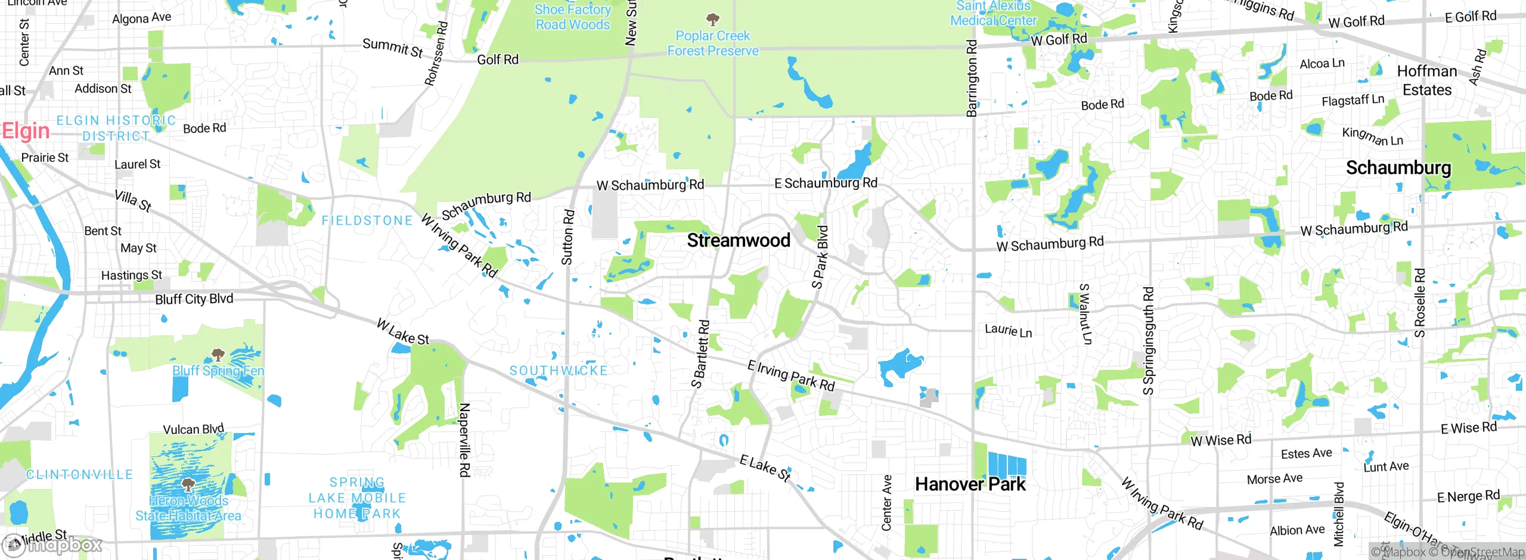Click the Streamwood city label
(x=739, y=241)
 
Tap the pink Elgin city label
(x=26, y=131)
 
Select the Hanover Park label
(x=970, y=484)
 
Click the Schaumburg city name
(x=1398, y=168)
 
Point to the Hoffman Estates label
(x=1426, y=80)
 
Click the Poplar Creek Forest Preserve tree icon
(x=712, y=19)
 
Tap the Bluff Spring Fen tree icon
(x=218, y=356)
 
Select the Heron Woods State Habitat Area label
(x=188, y=508)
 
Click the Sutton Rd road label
(x=567, y=237)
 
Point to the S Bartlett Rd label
(x=700, y=354)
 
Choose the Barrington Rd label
(x=972, y=77)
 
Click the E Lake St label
(x=765, y=468)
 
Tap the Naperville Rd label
(x=464, y=440)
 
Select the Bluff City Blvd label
(x=194, y=299)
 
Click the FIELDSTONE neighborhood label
(x=367, y=221)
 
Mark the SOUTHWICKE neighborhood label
(x=559, y=371)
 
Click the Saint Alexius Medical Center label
(x=993, y=13)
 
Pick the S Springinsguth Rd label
(x=1148, y=341)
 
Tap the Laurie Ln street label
(x=1008, y=330)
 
